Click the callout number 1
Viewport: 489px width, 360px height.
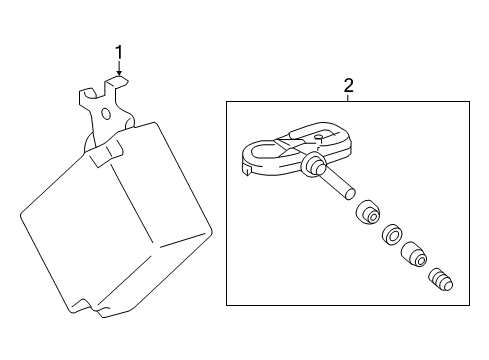tap(119, 51)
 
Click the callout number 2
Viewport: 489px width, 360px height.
tap(348, 86)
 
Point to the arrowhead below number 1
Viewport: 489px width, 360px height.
tap(119, 75)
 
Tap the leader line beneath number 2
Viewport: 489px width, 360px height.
tap(348, 97)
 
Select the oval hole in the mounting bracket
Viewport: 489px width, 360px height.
tap(103, 113)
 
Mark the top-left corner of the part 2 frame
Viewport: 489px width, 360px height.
tap(227, 100)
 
